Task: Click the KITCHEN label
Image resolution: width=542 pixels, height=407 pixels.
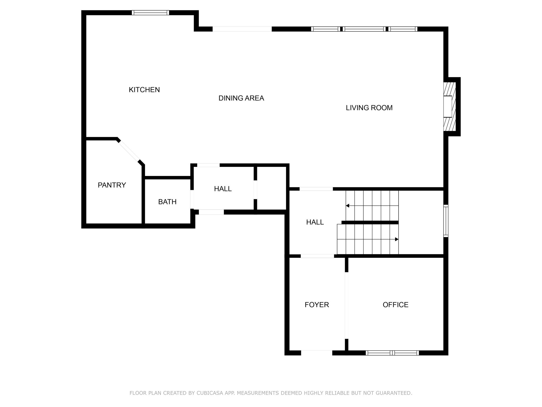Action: pos(144,90)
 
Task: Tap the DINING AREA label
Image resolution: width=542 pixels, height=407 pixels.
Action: pos(241,98)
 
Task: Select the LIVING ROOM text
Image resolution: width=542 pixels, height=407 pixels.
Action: pos(369,108)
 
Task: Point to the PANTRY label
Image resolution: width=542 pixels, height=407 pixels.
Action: pos(112,185)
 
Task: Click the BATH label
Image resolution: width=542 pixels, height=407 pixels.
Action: pos(167,202)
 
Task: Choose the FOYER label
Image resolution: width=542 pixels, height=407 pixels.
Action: pos(317,305)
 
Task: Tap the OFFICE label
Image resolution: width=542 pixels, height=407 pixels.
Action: pos(395,305)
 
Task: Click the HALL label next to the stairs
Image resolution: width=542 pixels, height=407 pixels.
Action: pos(315,222)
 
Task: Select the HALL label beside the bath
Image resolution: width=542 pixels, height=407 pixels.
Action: pos(223,189)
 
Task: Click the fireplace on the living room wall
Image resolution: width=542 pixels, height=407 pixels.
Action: pos(450,107)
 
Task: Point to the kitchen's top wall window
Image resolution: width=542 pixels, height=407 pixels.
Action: pos(150,12)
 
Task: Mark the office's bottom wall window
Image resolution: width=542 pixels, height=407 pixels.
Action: pos(392,353)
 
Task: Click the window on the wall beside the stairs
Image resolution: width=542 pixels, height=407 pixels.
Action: pos(446,221)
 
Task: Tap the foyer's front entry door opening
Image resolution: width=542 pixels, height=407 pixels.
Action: pos(317,353)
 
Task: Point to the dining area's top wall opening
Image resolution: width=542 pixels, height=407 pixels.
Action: pos(242,29)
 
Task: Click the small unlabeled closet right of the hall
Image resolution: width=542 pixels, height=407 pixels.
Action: pos(272,188)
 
